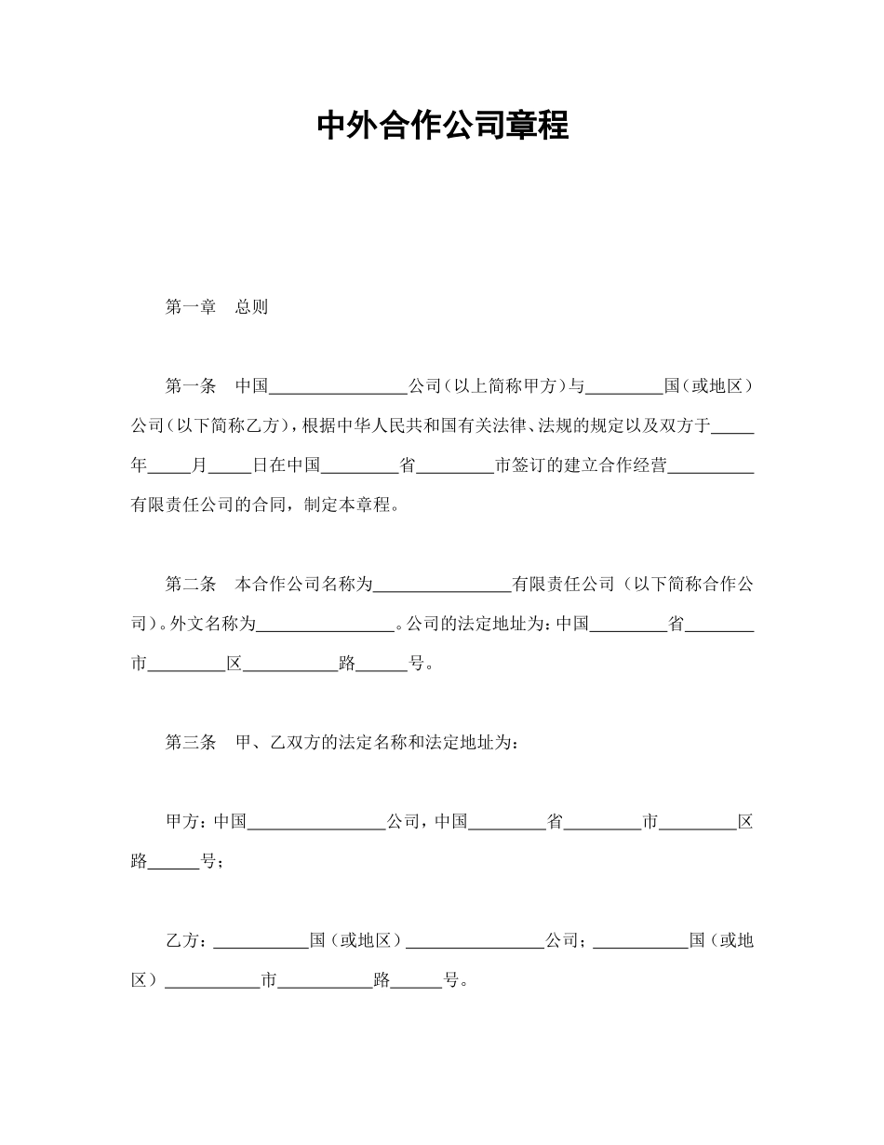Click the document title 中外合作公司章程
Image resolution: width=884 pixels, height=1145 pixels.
[442, 125]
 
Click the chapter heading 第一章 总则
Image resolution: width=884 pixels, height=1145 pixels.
[216, 307]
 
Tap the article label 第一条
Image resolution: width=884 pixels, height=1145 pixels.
[190, 386]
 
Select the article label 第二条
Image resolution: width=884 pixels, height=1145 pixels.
[190, 585]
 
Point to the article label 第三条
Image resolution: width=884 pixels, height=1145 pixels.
[190, 743]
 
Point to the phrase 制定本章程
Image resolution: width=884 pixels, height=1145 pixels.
[349, 505]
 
